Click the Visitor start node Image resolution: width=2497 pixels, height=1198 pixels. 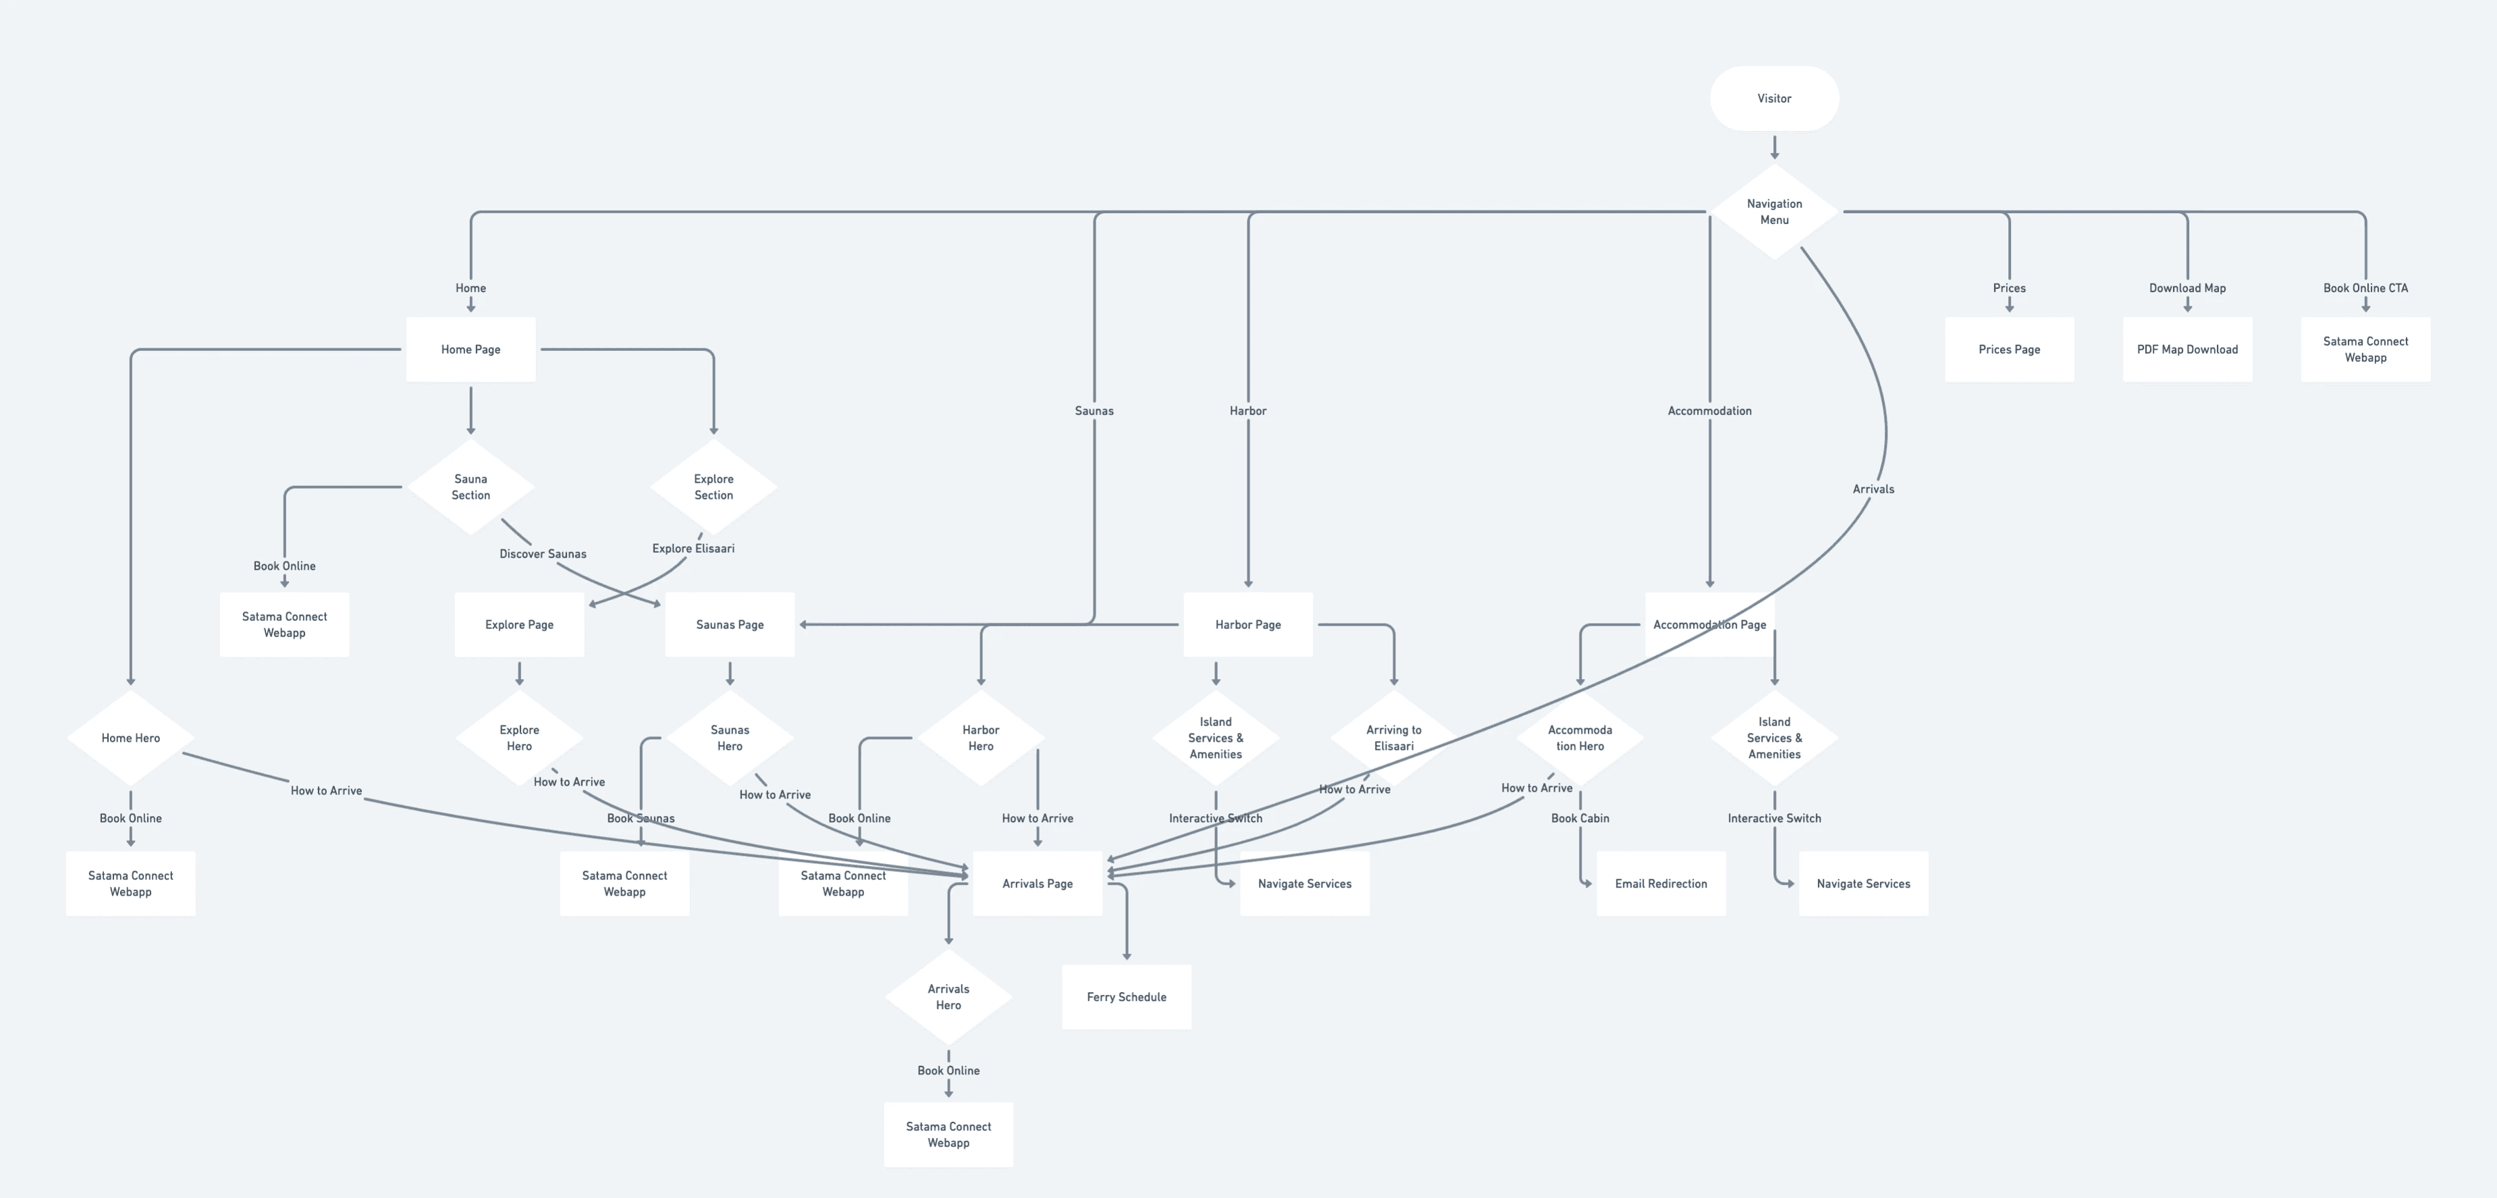(1774, 98)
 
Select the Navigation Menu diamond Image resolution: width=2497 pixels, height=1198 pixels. (1774, 211)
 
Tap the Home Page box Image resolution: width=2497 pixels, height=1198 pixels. (470, 349)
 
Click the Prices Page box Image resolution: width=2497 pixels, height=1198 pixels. (2008, 349)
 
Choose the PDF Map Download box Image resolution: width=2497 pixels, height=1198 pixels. (2186, 349)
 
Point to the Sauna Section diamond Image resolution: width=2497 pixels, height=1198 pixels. (470, 487)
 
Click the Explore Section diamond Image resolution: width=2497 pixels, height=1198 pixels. (714, 487)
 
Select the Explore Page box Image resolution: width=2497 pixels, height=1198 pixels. (518, 624)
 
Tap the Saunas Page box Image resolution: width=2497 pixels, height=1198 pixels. (729, 624)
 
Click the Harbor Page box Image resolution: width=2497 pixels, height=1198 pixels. (1247, 624)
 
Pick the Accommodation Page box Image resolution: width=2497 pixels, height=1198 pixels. (1709, 624)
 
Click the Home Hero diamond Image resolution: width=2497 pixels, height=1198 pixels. (130, 738)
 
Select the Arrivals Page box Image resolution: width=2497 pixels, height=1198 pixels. (1037, 883)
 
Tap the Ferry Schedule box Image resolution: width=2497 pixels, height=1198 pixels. (1127, 996)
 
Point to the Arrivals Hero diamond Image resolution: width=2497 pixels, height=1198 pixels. (948, 996)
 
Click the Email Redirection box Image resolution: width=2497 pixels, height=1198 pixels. (1661, 883)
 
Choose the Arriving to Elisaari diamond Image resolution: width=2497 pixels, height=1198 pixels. (1393, 738)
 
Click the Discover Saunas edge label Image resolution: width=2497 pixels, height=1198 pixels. (543, 553)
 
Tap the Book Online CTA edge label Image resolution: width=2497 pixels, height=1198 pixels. (2365, 288)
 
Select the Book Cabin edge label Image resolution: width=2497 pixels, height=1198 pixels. (1580, 818)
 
